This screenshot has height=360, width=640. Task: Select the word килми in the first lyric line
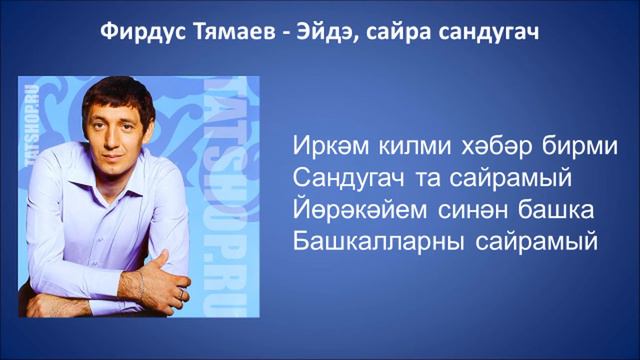tap(411, 146)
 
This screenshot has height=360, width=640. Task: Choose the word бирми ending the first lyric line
tap(577, 146)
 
